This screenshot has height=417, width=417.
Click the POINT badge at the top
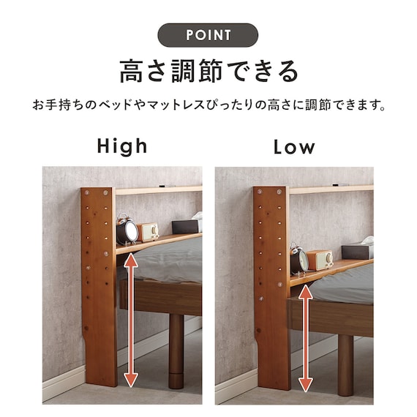pyautogui.click(x=208, y=35)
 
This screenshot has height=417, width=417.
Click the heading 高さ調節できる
pyautogui.click(x=209, y=71)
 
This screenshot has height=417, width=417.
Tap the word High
pyautogui.click(x=122, y=146)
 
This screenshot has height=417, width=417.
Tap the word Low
pyautogui.click(x=294, y=148)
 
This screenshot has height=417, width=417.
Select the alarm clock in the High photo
pyautogui.click(x=127, y=229)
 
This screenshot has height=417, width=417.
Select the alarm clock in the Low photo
pyautogui.click(x=299, y=259)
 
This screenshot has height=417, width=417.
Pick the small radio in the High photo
pyautogui.click(x=147, y=232)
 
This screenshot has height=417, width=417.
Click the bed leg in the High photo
pyautogui.click(x=176, y=352)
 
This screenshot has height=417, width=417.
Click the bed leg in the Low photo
pyautogui.click(x=345, y=366)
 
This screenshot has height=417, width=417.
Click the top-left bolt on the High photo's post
pyautogui.click(x=87, y=192)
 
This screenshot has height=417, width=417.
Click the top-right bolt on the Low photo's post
pyautogui.click(x=279, y=192)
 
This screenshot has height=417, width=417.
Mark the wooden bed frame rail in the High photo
pyautogui.click(x=161, y=297)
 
